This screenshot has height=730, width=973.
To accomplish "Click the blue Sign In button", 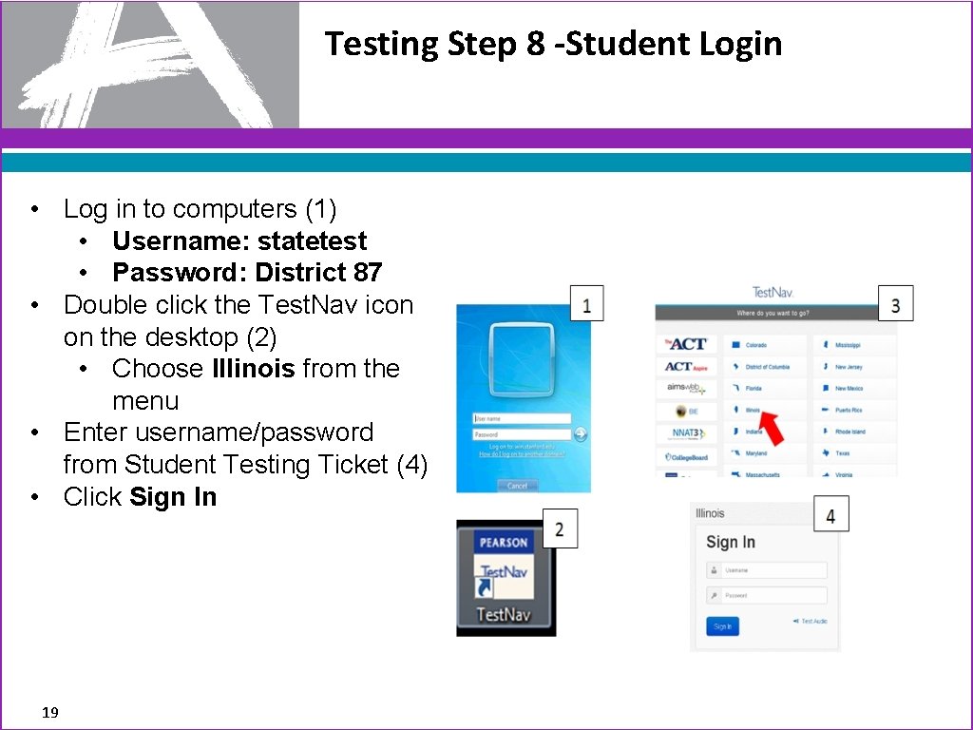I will (x=722, y=626).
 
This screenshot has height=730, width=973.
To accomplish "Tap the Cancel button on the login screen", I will (x=517, y=486).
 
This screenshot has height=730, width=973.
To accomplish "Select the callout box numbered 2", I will (x=559, y=529).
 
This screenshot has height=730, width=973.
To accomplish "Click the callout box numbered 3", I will (x=895, y=304).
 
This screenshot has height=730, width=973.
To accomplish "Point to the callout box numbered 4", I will (x=830, y=515).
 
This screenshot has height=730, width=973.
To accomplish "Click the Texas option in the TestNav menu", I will (x=844, y=453).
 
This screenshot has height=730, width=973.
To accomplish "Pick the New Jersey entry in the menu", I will (x=848, y=367).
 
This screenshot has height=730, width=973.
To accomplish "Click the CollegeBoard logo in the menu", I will (x=686, y=456).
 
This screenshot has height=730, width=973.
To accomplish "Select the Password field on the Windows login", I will (x=522, y=434).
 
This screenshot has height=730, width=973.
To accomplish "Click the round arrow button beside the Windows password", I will (x=581, y=434).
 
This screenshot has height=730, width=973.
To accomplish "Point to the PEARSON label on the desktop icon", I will (x=504, y=543).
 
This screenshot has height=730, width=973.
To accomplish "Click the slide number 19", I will (x=50, y=712).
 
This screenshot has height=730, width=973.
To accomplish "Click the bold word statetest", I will (x=312, y=241).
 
